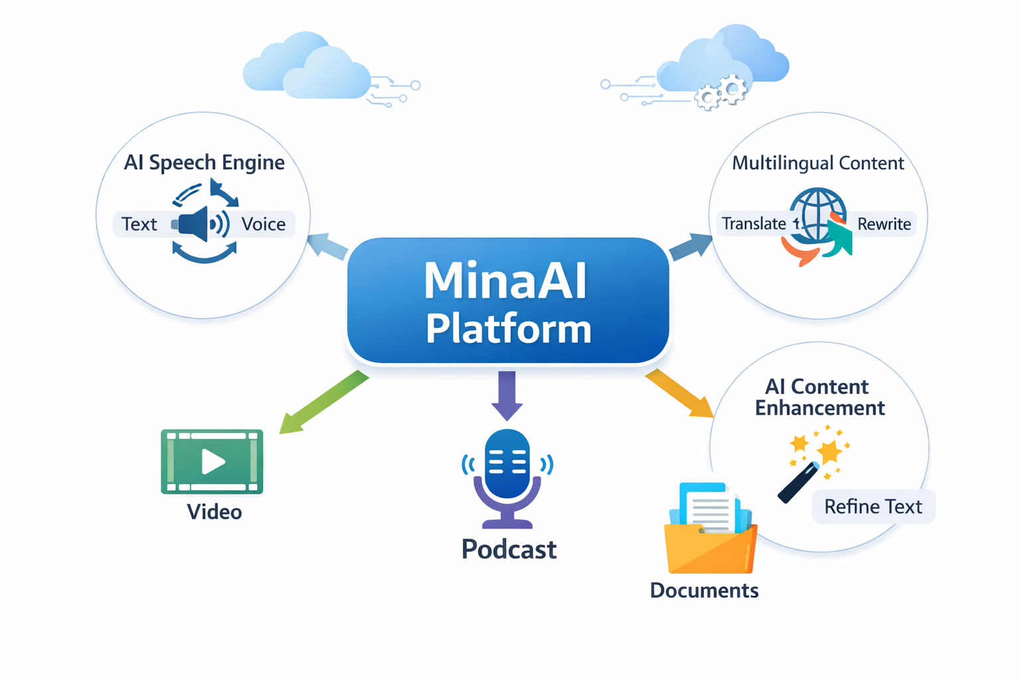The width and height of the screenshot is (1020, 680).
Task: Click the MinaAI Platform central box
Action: (508, 302)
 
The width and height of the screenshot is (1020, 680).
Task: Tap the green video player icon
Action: (212, 462)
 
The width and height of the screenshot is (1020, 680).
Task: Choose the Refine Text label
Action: (873, 507)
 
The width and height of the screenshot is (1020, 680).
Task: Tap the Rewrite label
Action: (884, 224)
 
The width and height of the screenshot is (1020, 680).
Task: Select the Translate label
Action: (754, 224)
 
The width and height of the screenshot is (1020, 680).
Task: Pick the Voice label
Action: (263, 224)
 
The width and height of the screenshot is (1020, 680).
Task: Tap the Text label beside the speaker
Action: (139, 224)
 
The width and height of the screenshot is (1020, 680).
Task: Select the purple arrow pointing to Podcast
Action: (507, 395)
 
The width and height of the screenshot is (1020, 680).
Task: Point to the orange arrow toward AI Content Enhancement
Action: (679, 393)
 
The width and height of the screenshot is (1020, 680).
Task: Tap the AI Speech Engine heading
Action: (204, 163)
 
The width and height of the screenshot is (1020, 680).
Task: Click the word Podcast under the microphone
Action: (509, 549)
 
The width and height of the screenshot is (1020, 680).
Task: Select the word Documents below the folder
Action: (704, 590)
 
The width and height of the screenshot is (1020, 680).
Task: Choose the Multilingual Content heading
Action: (817, 163)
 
